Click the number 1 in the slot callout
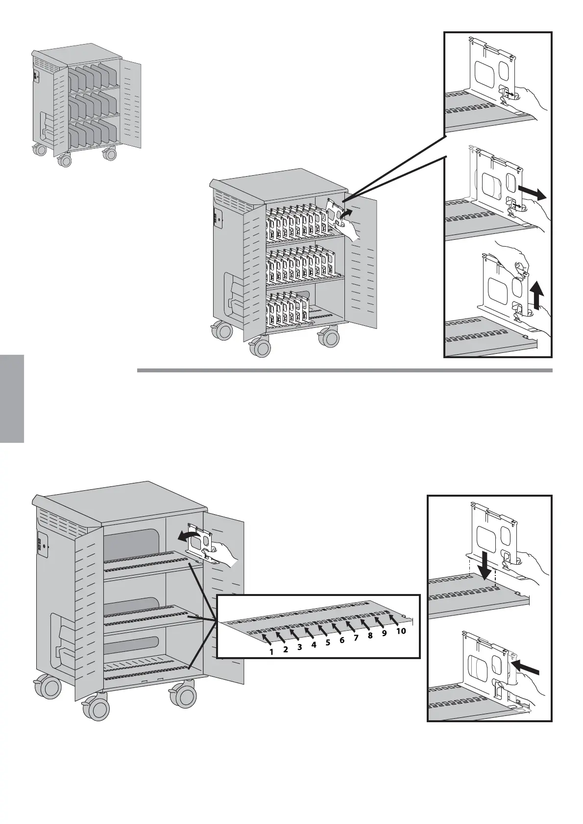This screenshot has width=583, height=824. [271, 652]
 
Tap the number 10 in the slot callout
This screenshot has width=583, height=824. [401, 631]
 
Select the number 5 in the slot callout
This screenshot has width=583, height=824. [328, 643]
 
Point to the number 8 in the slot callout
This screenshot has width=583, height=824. [370, 636]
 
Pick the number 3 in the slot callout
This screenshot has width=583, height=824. [299, 647]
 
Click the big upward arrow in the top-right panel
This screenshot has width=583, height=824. [537, 295]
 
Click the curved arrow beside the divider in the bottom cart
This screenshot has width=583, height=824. [189, 537]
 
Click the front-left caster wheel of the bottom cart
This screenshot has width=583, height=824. [97, 708]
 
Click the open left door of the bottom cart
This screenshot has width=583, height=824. [89, 612]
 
